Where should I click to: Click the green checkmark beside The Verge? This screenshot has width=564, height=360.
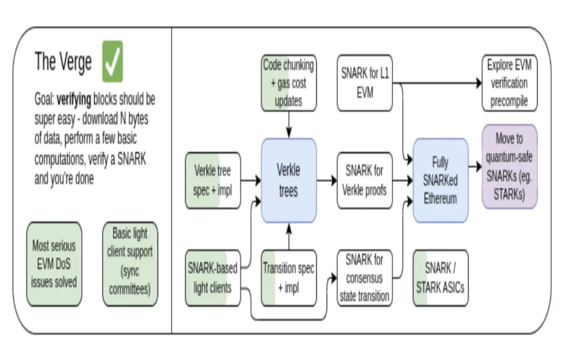[112, 62]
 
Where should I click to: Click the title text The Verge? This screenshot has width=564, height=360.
[63, 62]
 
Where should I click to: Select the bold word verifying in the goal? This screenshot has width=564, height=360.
[74, 100]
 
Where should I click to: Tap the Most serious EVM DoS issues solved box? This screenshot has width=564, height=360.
[54, 264]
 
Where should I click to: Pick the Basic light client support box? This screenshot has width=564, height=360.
[130, 264]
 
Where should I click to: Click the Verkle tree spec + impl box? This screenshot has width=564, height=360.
[213, 180]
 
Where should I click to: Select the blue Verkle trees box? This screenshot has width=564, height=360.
[289, 180]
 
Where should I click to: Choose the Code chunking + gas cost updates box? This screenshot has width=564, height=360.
[289, 83]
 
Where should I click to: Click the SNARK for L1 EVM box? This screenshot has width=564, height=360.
[365, 83]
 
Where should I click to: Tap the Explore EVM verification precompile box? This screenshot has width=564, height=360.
[509, 83]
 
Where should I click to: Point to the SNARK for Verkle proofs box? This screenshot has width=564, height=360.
[365, 180]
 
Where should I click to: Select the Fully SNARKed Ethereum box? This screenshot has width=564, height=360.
[441, 180]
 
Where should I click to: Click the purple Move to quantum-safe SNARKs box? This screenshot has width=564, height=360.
[509, 166]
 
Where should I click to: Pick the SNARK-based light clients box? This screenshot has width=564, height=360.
[213, 278]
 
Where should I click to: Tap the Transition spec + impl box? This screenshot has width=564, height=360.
[289, 278]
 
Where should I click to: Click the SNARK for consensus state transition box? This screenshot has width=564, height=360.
[365, 278]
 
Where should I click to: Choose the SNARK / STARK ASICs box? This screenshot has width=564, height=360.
[441, 278]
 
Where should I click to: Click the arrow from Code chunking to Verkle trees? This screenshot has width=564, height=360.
[289, 125]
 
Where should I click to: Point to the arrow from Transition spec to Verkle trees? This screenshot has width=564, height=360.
[289, 236]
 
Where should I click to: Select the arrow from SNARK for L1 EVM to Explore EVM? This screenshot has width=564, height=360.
[437, 83]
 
